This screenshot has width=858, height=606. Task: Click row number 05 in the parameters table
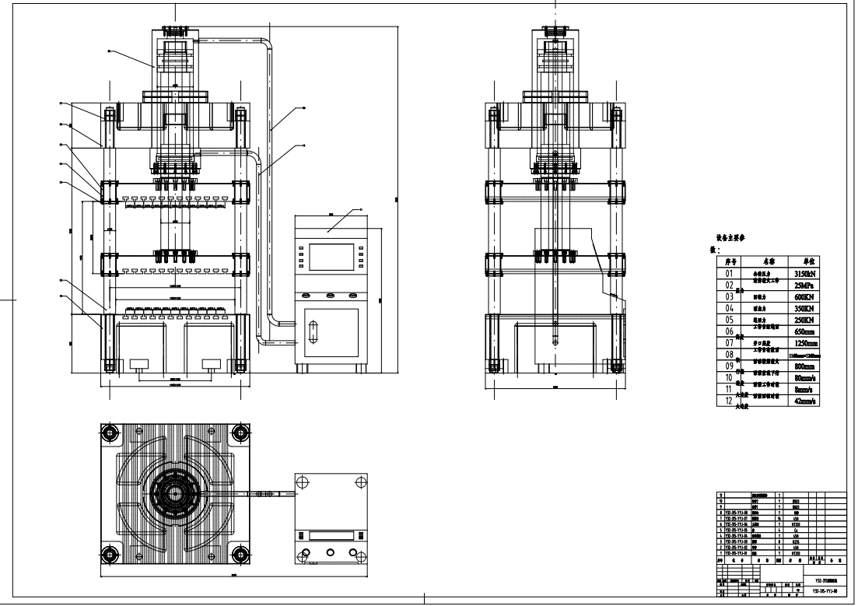click(x=730, y=320)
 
